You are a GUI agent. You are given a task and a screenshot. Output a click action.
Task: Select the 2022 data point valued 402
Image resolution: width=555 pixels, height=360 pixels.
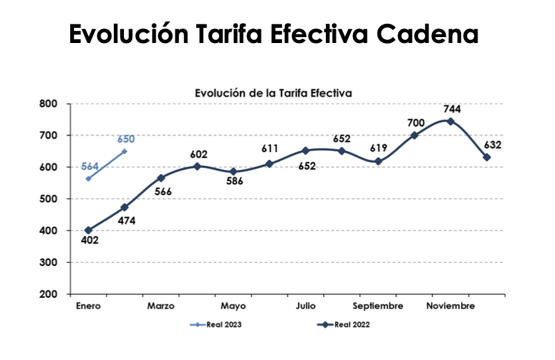(x=88, y=230)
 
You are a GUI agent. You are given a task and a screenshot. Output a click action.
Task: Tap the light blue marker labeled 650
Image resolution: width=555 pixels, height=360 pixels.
(x=125, y=152)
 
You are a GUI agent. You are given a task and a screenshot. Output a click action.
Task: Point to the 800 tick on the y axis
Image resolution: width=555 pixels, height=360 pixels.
(x=50, y=104)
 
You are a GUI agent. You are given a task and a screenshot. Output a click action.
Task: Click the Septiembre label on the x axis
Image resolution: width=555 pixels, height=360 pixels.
(x=378, y=306)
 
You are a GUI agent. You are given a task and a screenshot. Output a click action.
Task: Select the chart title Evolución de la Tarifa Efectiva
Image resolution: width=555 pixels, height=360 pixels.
(x=273, y=93)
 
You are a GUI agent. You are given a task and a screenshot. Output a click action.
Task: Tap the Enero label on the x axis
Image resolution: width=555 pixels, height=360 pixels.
(x=88, y=306)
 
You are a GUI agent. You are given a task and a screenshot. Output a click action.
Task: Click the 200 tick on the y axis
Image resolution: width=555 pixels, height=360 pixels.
(x=50, y=294)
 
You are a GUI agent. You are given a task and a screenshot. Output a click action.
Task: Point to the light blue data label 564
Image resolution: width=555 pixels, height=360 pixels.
(x=90, y=166)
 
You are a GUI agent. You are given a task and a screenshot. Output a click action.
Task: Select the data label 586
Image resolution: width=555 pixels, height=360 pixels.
(x=234, y=182)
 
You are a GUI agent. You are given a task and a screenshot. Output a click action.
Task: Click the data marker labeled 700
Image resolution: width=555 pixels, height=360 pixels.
(x=415, y=136)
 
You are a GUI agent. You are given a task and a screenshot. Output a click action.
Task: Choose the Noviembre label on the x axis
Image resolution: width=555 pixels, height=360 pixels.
(x=450, y=306)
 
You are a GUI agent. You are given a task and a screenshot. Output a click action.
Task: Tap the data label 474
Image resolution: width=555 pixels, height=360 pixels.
(x=126, y=220)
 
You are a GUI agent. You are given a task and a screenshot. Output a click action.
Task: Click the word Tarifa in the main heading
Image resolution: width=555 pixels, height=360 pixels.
(x=236, y=34)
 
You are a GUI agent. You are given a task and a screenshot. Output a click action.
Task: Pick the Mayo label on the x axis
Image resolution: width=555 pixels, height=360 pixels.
(x=233, y=306)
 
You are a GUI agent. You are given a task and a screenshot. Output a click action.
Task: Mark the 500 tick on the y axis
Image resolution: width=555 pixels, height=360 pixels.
(x=50, y=199)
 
